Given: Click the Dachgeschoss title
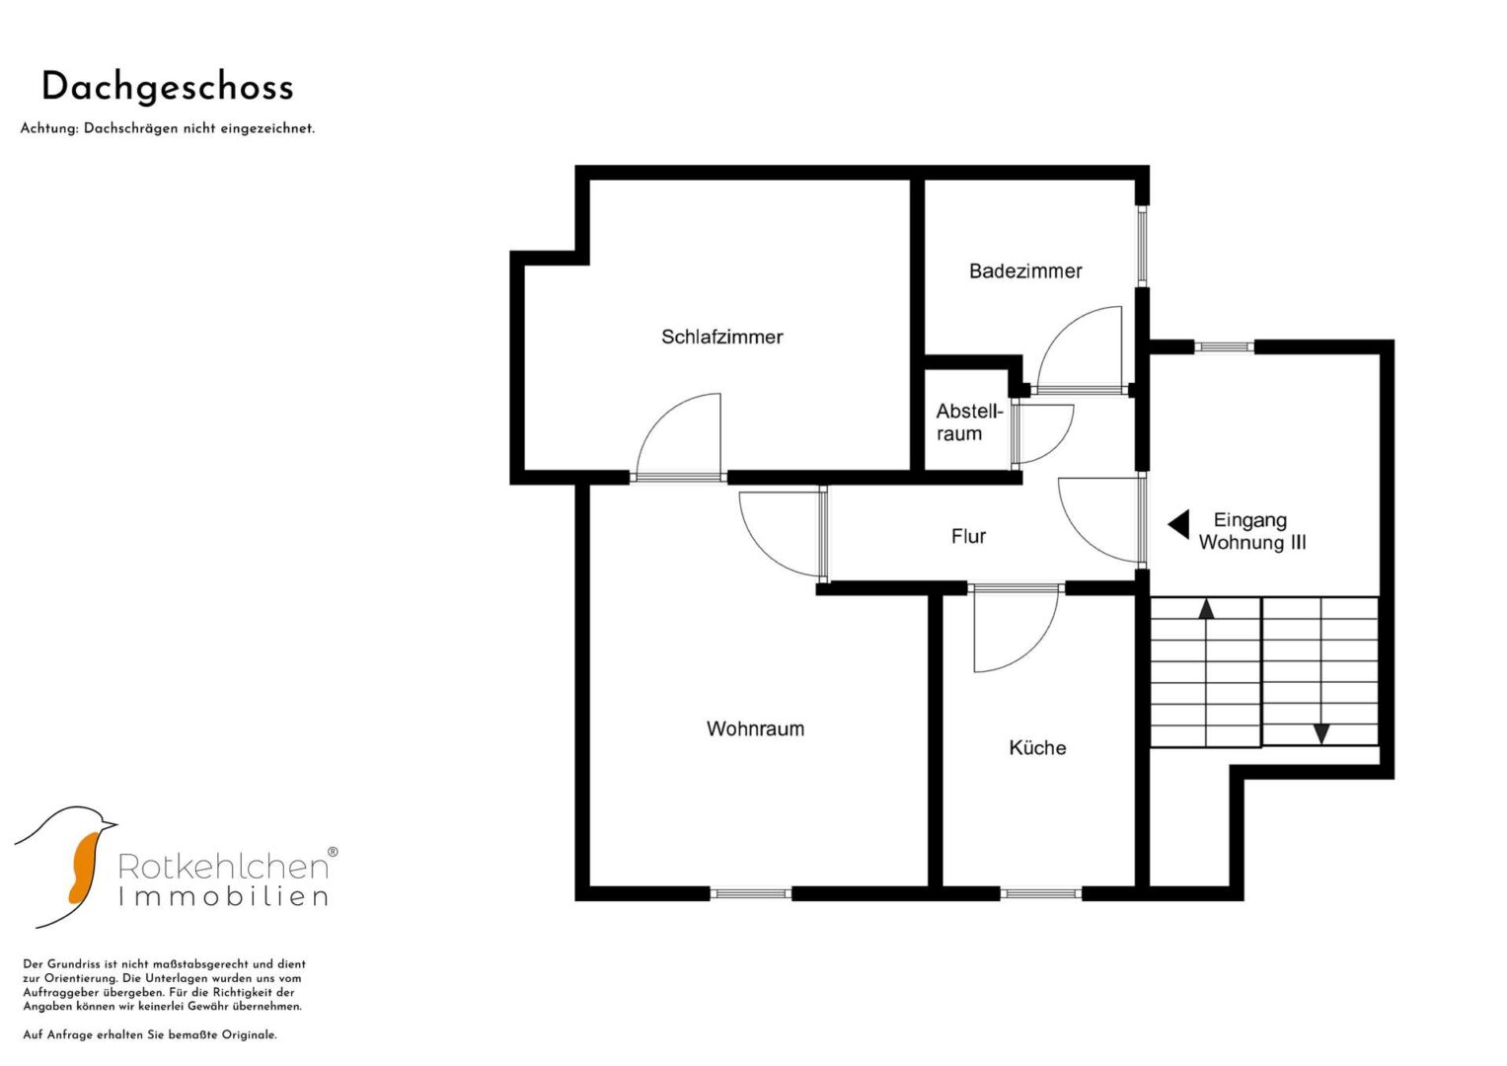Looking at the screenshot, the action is point(168,89).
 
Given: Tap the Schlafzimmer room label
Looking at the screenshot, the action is point(721,337).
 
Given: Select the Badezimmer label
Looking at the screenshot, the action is point(1025,271).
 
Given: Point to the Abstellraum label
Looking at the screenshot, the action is point(969,422).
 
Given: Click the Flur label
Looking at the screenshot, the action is point(968,536).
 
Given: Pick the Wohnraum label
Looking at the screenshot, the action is point(755,728).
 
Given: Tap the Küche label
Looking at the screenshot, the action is point(1037,747).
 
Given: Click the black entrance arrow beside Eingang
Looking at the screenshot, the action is point(1178,524).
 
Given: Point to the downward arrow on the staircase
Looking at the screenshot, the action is point(1321,733).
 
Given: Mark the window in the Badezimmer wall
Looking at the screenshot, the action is point(1142,247).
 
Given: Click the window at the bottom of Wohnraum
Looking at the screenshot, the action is point(751,893).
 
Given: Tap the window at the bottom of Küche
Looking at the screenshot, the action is point(1041,893).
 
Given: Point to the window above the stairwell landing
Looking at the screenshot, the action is point(1225,346).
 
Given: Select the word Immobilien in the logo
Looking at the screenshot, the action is point(223,897).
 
